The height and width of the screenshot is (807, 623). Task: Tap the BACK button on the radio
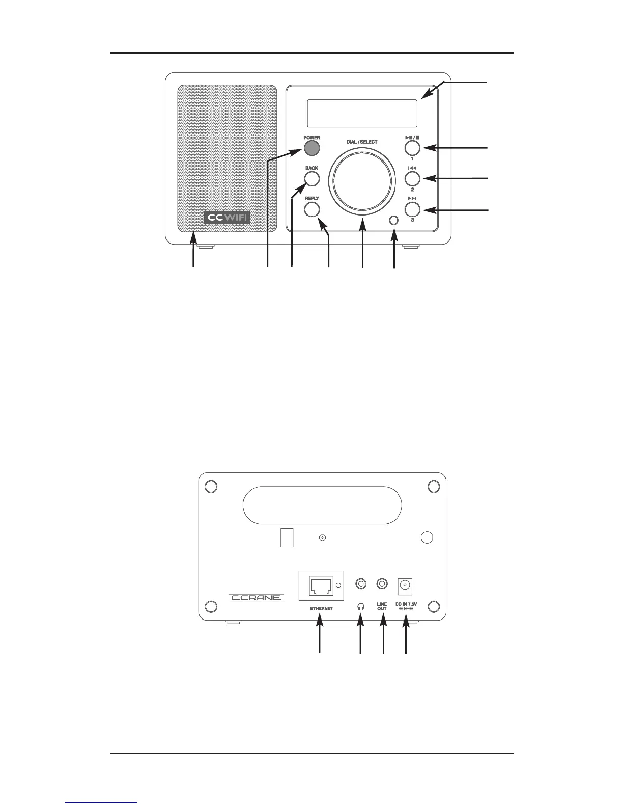pos(311,179)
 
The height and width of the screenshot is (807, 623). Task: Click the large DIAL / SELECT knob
pos(362,181)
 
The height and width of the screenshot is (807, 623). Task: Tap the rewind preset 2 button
pos(412,178)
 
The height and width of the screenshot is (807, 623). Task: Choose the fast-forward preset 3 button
pos(412,209)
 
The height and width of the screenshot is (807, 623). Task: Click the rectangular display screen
pos(362,113)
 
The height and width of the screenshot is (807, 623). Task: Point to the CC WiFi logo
pos(228,218)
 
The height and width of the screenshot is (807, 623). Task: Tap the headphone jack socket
pos(361,584)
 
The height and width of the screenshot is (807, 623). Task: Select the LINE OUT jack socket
pos(382,584)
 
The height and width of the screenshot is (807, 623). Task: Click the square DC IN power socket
pos(406,585)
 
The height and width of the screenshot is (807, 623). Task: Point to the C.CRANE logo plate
pos(256,597)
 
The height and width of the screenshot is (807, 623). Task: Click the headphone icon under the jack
pos(361,607)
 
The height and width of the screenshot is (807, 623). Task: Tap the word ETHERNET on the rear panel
pos(321,609)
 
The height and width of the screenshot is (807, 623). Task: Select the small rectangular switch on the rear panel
pos(287,537)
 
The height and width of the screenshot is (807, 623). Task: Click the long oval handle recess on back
pos(322,505)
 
